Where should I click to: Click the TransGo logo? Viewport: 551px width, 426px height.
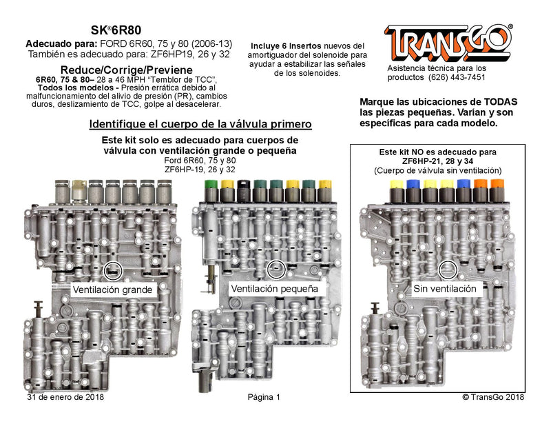tap(448, 43)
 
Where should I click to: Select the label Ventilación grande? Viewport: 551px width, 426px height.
tap(112, 290)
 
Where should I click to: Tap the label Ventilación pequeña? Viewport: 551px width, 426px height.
tap(275, 289)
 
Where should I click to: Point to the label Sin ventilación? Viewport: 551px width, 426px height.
tap(444, 289)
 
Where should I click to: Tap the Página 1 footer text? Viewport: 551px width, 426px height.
tap(264, 397)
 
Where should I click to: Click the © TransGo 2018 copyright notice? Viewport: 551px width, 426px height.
tap(493, 397)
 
